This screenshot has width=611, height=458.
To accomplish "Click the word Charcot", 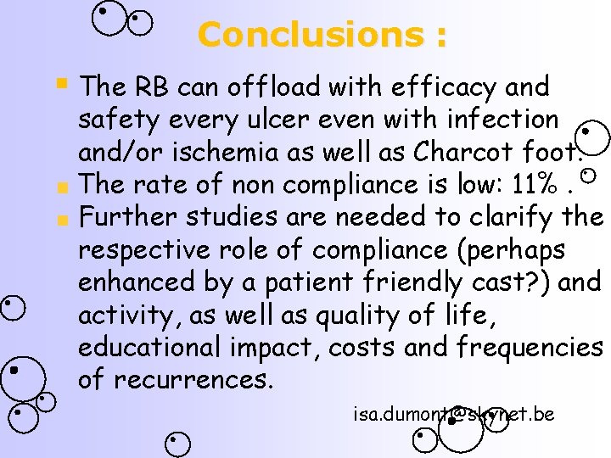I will pyautogui.click(x=465, y=152).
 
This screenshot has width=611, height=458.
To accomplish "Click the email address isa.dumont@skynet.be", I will pyautogui.click(x=454, y=414).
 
